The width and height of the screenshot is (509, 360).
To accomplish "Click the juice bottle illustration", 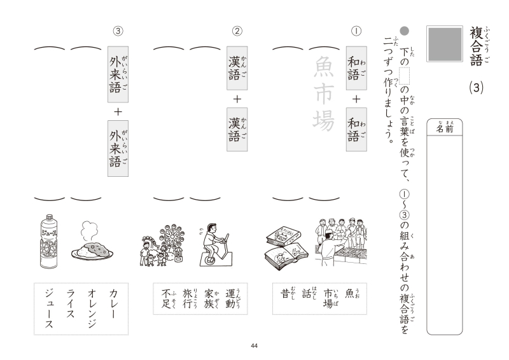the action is click(49, 241).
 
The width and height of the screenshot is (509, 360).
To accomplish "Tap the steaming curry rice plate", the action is click(92, 241).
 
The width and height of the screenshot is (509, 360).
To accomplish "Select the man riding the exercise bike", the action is click(214, 244).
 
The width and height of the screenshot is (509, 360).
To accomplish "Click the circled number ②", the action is click(237, 31).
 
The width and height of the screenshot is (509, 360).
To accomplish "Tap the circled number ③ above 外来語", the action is click(118, 31).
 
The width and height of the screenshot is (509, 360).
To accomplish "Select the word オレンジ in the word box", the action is click(92, 308).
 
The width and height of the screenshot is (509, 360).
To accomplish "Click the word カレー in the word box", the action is click(113, 304).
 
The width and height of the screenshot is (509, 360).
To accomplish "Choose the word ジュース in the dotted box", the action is click(49, 308).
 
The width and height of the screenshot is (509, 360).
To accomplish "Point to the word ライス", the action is click(71, 304).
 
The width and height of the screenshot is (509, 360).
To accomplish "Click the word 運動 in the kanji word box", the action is click(230, 298).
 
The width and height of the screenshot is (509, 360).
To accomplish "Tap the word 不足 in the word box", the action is click(166, 298).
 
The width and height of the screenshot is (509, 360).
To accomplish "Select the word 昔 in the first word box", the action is click(285, 293).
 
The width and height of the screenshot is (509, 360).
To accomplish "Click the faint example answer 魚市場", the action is click(323, 93).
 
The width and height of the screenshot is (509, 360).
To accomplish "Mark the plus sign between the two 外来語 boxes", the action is click(118, 112).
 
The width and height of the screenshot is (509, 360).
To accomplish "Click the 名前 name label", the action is click(444, 128).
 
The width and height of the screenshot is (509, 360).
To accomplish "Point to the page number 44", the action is click(254, 346).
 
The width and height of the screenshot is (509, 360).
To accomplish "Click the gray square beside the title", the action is click(445, 44).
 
